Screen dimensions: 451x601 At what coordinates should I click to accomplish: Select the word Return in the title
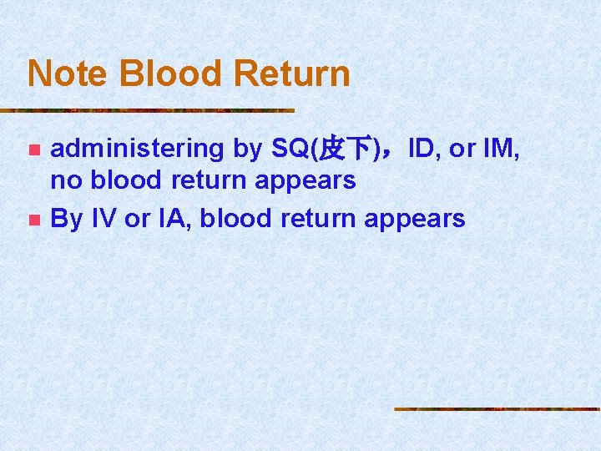point(291,73)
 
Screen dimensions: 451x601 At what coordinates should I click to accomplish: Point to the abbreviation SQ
point(290,149)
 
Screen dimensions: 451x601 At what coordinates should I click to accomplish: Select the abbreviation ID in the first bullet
point(422,149)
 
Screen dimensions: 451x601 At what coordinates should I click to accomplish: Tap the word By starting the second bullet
point(67,219)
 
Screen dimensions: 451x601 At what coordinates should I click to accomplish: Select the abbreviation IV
point(104,219)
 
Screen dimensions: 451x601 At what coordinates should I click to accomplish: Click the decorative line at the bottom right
point(497,408)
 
